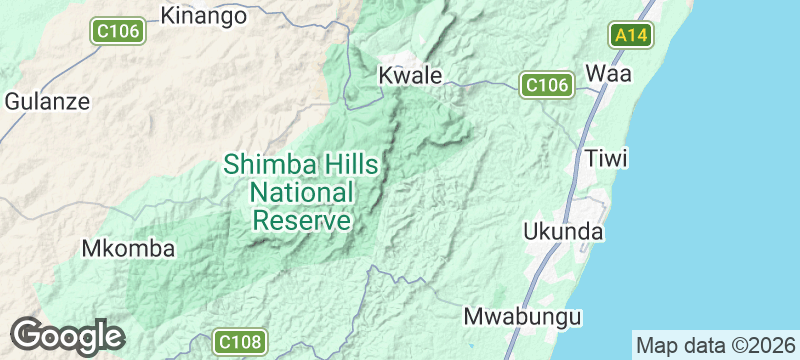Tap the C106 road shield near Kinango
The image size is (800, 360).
tap(116, 33)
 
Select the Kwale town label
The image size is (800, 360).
tap(410, 75)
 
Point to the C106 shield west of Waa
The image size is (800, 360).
tap(546, 85)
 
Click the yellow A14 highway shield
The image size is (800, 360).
tap(632, 36)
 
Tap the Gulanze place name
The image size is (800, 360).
tap(47, 101)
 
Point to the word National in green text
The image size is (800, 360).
tap(302, 192)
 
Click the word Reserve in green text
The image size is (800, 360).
tap(302, 220)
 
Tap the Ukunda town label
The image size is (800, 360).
tap(564, 232)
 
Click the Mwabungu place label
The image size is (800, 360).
tap(523, 317)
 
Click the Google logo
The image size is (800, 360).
tap(67, 336)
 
